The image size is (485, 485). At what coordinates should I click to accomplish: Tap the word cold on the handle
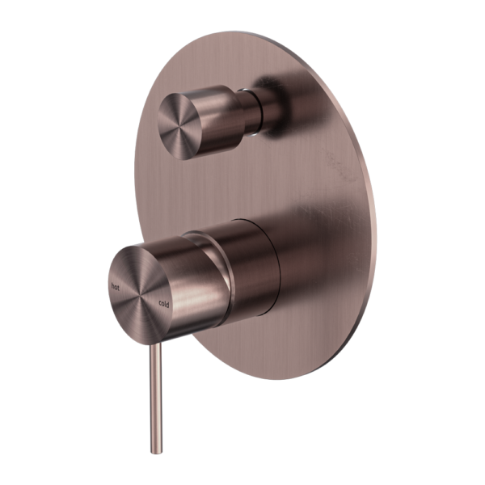[x=164, y=303]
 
